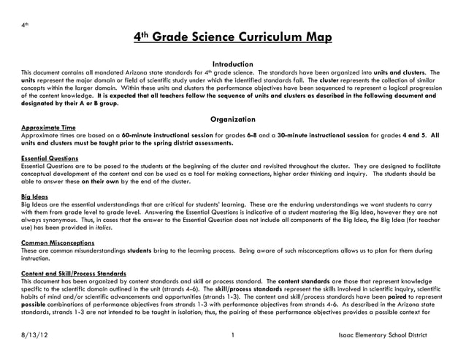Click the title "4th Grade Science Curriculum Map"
[x=232, y=38]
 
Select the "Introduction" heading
[x=232, y=64]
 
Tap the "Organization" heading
[x=232, y=119]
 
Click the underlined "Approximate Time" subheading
[x=48, y=127]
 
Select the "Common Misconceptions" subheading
[x=58, y=242]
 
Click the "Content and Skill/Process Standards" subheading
[x=74, y=274]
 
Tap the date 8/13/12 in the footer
[x=37, y=335]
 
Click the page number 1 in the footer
[x=231, y=335]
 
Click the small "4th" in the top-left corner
[x=25, y=25]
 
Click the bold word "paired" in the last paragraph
[x=409, y=297]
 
